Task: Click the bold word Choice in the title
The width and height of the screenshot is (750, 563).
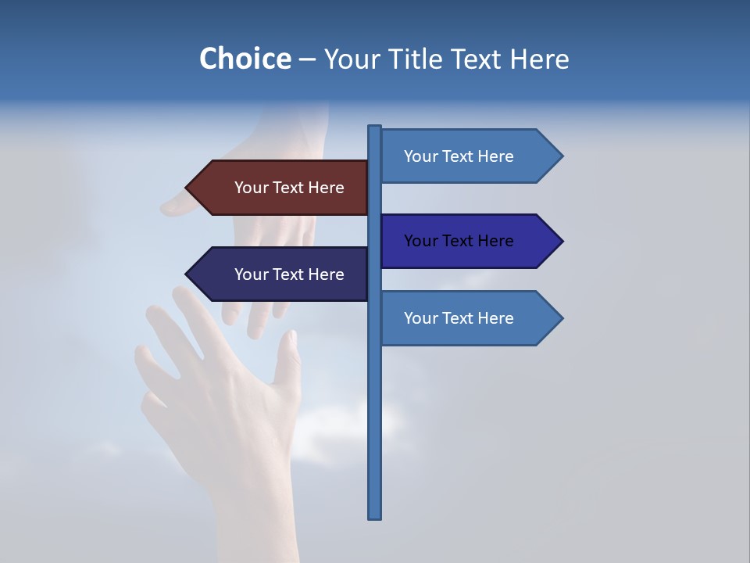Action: click(245, 59)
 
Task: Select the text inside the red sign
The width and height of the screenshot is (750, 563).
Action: click(289, 188)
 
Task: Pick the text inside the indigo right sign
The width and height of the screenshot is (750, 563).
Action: click(459, 241)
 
